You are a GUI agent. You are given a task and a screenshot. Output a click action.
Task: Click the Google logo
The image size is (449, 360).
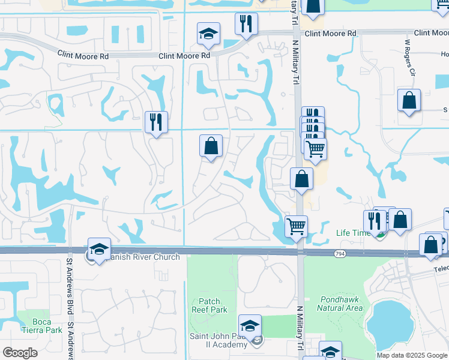coord(20,353)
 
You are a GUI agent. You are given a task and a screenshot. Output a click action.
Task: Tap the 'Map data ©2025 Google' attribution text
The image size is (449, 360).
coord(411,355)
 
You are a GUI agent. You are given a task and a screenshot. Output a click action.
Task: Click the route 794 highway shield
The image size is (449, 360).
coord(339,254)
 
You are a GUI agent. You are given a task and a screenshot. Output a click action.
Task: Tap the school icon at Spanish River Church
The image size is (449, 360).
coord(99,249)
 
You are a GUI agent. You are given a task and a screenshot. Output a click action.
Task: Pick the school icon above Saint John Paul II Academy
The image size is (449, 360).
coord(250,325)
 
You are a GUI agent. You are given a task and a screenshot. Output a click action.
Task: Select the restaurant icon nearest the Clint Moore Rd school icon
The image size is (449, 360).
coord(246,23)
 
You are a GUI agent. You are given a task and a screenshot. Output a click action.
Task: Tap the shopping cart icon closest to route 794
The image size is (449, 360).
coord(295,226)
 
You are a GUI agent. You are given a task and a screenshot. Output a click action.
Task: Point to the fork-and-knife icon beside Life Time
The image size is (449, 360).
coord(373,221)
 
